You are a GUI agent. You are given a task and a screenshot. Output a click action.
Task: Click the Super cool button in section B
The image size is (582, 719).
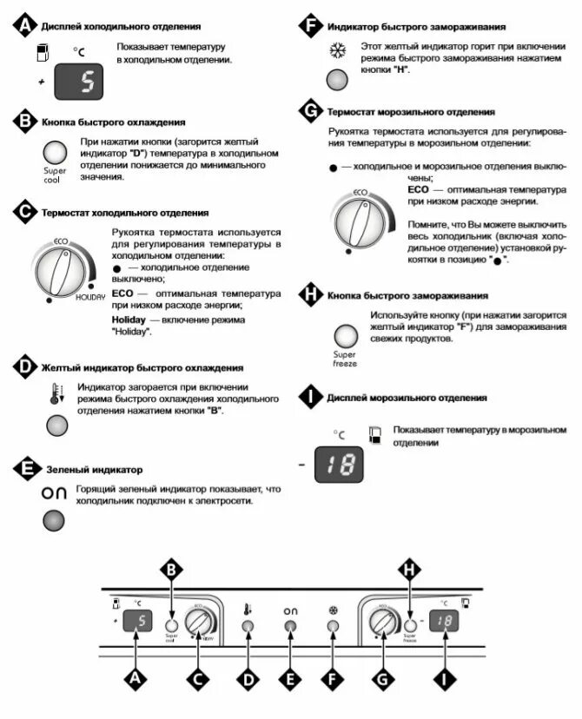56,155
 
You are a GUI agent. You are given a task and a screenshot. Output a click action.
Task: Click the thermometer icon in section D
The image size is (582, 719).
56,393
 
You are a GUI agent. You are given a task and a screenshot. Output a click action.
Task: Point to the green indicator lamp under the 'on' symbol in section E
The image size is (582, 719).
55,521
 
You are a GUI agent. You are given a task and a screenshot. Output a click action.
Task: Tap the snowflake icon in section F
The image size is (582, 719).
336,51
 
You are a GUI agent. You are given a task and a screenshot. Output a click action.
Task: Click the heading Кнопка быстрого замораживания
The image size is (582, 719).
407,295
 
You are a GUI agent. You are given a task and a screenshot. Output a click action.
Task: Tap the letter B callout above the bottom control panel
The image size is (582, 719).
172,570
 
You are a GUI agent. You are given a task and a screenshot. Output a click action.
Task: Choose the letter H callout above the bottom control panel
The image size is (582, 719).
408,570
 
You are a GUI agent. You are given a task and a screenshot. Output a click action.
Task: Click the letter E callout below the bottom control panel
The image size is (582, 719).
290,681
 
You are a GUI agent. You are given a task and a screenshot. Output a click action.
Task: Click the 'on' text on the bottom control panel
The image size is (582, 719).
290,611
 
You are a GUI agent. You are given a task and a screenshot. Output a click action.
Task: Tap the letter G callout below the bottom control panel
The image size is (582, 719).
380,681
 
